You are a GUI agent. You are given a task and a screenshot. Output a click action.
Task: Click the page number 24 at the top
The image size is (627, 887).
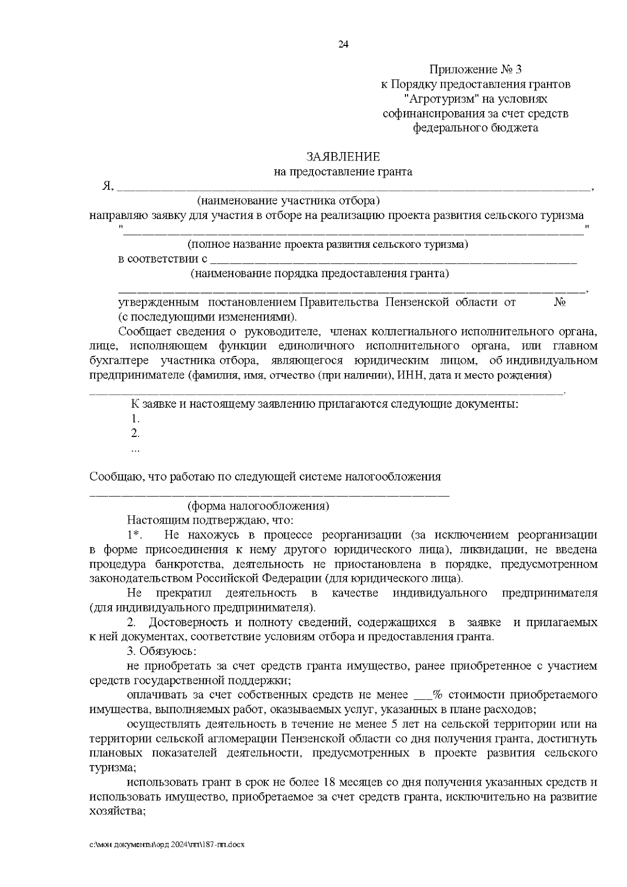click(x=343, y=44)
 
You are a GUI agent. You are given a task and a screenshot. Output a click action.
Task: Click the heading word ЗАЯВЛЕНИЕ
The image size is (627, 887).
click(x=343, y=157)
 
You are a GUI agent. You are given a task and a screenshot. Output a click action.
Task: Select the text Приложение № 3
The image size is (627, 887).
click(x=475, y=70)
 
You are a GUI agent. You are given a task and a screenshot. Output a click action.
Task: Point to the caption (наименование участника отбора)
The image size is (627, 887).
click(x=288, y=201)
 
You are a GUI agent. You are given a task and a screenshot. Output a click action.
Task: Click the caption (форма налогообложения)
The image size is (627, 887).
click(x=258, y=506)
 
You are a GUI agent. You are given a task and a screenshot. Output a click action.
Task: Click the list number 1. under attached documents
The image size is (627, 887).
click(x=135, y=419)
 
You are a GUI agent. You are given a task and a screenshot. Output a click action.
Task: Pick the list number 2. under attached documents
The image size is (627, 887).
click(x=135, y=433)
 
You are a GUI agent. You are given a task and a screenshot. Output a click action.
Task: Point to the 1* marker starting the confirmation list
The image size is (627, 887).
click(x=134, y=535)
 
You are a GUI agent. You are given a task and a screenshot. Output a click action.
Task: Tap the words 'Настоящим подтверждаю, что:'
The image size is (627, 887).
click(x=210, y=520)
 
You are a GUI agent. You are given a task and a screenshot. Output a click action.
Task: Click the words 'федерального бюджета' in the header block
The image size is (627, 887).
click(x=475, y=128)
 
